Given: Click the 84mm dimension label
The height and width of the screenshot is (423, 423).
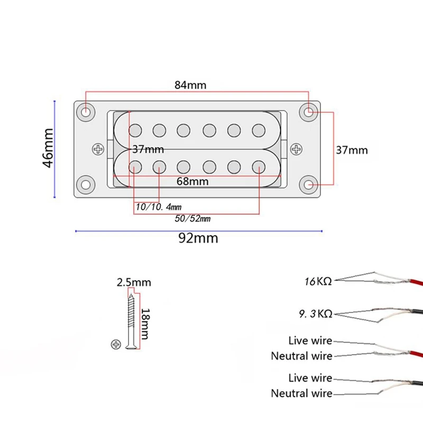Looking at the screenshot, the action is click(x=190, y=85).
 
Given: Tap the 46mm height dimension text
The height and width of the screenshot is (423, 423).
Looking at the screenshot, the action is click(x=48, y=148).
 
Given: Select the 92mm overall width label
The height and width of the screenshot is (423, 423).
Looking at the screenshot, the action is click(x=198, y=238).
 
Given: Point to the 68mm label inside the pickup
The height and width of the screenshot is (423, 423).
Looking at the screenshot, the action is click(x=192, y=181).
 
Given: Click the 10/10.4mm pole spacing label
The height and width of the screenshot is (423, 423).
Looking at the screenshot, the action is click(x=159, y=207).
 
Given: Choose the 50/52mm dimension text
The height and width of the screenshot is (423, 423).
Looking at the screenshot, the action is click(x=192, y=218).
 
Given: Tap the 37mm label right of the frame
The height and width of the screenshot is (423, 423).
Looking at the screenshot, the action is click(x=352, y=150).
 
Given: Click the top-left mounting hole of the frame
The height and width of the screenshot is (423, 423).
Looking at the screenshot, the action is click(x=86, y=112).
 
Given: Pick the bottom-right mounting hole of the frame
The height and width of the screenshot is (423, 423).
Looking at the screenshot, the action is click(x=309, y=185).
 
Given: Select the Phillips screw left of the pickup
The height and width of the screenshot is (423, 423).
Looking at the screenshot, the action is click(x=98, y=149).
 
